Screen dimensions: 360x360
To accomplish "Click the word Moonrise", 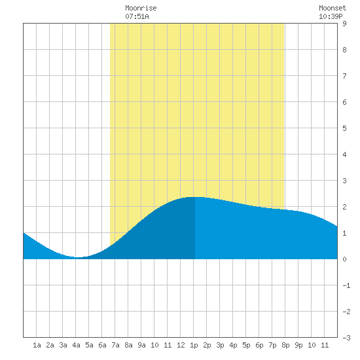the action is pyautogui.click(x=141, y=8).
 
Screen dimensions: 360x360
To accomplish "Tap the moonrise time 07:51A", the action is pyautogui.click(x=137, y=16).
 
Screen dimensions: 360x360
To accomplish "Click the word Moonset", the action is pyautogui.click(x=333, y=8).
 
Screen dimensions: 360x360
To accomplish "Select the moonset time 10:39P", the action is pyautogui.click(x=331, y=16).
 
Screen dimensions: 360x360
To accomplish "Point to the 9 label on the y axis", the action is pyautogui.click(x=344, y=24).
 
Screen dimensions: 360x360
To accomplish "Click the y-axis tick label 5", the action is pyautogui.click(x=344, y=128).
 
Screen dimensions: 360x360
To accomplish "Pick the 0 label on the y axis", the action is pyautogui.click(x=344, y=259).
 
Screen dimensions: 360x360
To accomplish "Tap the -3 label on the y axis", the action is pyautogui.click(x=346, y=338).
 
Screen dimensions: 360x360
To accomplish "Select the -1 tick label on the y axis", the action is pyautogui.click(x=346, y=285).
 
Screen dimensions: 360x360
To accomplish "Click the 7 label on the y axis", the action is pyautogui.click(x=344, y=76).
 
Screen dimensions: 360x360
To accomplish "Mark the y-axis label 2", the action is pyautogui.click(x=344, y=207).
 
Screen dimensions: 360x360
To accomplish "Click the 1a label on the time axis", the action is pyautogui.click(x=37, y=345).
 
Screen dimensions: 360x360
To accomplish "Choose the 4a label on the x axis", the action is pyautogui.click(x=76, y=345).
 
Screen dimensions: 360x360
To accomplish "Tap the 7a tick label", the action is pyautogui.click(x=115, y=345).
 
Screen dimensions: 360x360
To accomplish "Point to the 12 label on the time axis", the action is pyautogui.click(x=181, y=345).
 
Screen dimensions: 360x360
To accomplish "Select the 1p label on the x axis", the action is pyautogui.click(x=194, y=345).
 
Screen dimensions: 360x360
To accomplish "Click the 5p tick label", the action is pyautogui.click(x=246, y=345).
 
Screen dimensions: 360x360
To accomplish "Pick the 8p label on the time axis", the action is pyautogui.click(x=285, y=345).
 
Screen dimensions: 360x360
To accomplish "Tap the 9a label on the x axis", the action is pyautogui.click(x=141, y=345).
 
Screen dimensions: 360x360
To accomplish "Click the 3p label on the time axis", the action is pyautogui.click(x=220, y=345).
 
